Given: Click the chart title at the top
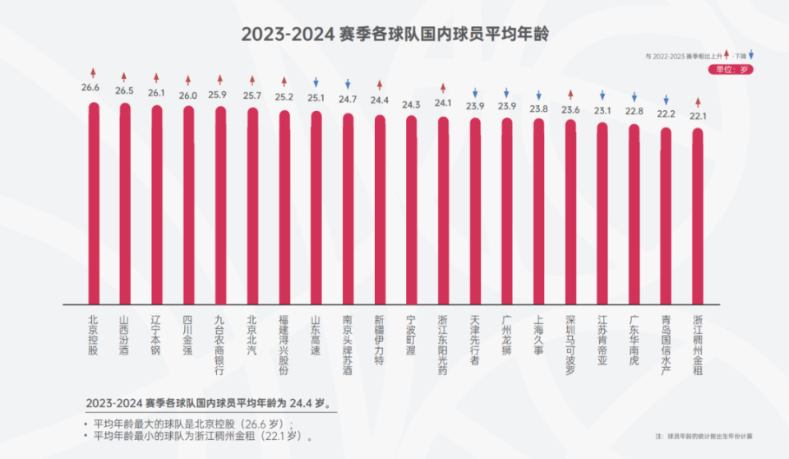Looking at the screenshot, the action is (394, 35).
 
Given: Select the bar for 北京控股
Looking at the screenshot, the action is (94, 203).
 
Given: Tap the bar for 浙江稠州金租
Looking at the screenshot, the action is (698, 216).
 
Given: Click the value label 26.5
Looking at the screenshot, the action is (124, 90).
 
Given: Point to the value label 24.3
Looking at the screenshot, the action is (411, 104).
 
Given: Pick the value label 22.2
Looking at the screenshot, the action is (666, 114).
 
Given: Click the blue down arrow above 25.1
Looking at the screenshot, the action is (316, 82).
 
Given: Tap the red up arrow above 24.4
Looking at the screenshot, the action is (380, 85).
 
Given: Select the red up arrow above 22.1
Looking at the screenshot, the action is (698, 102).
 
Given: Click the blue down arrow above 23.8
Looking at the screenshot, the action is (538, 95).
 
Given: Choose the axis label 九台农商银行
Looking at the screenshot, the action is (219, 345).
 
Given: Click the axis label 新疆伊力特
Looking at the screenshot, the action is (380, 340).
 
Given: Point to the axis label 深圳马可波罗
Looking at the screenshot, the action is (570, 345).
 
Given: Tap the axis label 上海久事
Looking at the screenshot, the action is (538, 335).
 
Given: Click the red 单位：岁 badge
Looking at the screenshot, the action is (731, 70).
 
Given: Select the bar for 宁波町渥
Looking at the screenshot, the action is (411, 210).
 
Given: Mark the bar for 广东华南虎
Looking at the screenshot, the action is (634, 214).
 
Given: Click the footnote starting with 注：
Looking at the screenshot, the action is (704, 436).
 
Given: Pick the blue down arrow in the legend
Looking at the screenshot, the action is (750, 54).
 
